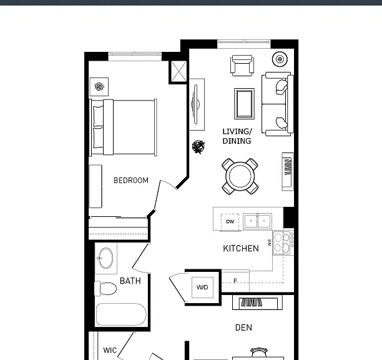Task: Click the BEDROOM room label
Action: point(131,181)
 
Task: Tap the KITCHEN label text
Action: point(241,248)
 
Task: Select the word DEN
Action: point(243,327)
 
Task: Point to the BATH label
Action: point(130,281)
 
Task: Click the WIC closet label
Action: point(110,351)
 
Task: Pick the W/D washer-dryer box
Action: point(202,287)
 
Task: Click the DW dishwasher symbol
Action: point(230,222)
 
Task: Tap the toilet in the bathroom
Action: point(105,289)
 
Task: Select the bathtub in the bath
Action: point(121,314)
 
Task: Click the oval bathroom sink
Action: point(105,258)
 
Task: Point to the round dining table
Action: point(240,176)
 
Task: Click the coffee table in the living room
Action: point(244,104)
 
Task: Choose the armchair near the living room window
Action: point(242,66)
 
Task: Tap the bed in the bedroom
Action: point(123,127)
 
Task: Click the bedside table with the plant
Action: point(99,87)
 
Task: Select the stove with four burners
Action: point(283,243)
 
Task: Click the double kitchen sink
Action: point(258,221)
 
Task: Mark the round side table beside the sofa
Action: point(280,59)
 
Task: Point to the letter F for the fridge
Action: point(235,281)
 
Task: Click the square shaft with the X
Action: point(179,71)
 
